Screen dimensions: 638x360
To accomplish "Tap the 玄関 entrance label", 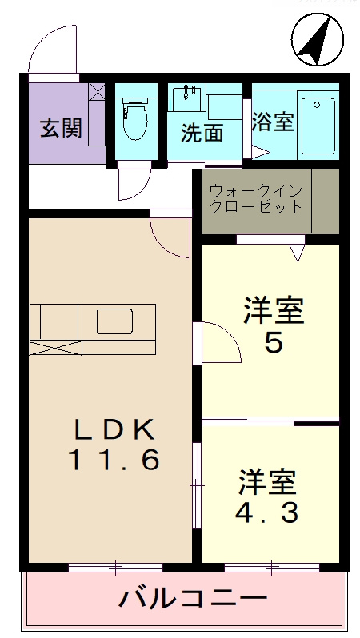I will coord(61,128).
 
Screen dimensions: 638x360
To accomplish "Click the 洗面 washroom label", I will coord(202,133).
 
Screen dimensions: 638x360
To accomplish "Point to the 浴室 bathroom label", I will coord(273,122).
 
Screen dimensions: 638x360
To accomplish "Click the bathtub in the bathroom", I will coord(318,125).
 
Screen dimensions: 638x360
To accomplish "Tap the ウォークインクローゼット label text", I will coord(256,199).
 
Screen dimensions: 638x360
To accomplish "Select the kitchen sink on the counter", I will coord(118,321).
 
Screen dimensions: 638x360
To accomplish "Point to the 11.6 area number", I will coord(114,461).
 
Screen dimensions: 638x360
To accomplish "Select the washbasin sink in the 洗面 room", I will coord(189,99).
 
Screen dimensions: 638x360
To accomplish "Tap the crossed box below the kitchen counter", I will coord(55,347).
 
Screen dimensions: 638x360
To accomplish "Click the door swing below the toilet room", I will coord(132,182).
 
